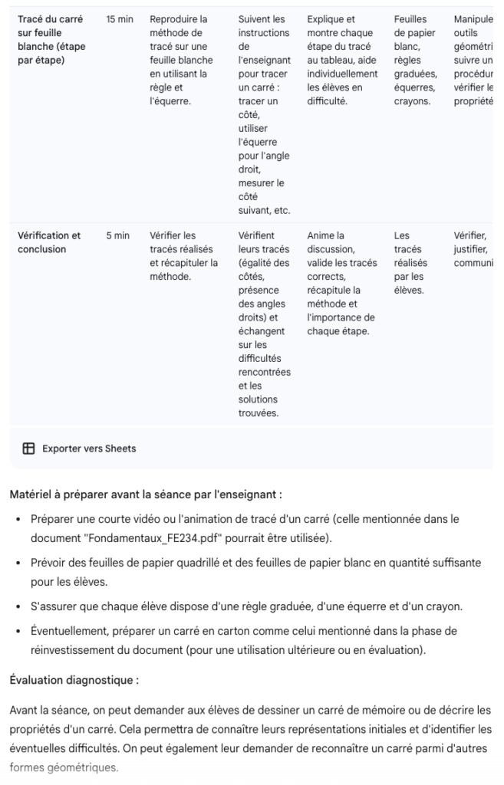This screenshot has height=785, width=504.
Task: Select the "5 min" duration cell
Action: coord(117,236)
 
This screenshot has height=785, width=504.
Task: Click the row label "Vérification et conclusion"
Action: coord(49,242)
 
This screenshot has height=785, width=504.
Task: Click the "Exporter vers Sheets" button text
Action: coord(89,448)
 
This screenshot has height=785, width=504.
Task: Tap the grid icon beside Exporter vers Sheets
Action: coord(28,448)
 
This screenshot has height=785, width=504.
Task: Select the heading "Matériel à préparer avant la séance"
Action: coord(146,494)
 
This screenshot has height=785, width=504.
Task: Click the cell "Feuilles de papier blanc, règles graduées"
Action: coord(415,60)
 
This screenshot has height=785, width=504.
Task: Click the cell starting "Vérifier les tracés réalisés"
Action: coord(183,256)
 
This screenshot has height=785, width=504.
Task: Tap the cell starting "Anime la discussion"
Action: coord(341,284)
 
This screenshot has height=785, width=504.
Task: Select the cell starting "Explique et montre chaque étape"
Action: coord(341,60)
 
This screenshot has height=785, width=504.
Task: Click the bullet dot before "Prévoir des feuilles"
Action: coord(18,563)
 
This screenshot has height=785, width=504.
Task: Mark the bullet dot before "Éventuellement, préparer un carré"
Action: coord(18,632)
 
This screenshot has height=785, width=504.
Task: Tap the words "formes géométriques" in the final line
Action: coord(64,767)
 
